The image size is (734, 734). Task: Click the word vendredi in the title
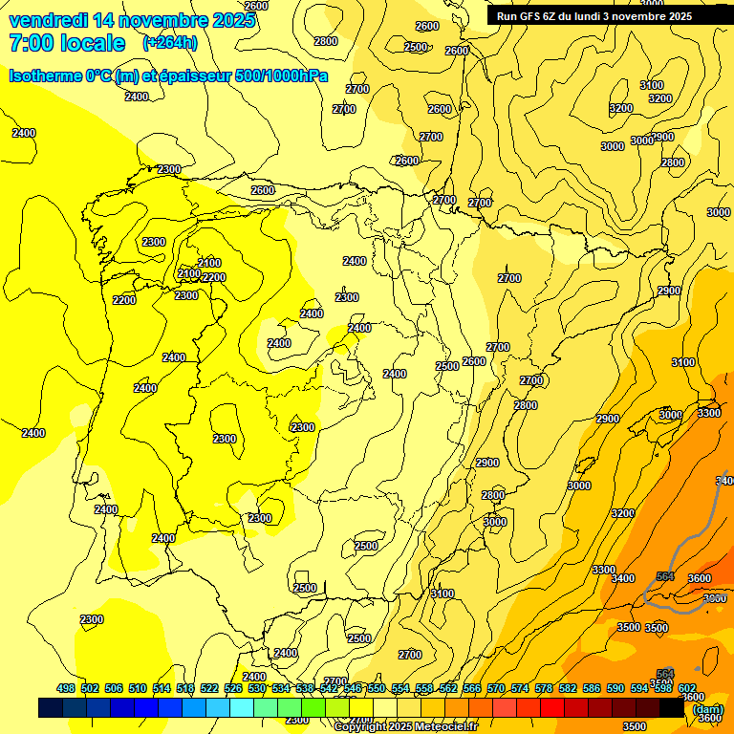[x=48, y=20]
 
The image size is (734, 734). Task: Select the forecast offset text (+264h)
[x=171, y=43]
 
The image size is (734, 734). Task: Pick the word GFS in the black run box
[x=531, y=16]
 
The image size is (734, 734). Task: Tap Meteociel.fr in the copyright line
[x=442, y=727]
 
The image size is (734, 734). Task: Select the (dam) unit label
[x=707, y=710]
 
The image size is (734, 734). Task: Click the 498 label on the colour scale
[x=66, y=688]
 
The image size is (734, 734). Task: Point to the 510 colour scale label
[x=138, y=688]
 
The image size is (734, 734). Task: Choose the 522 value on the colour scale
[x=209, y=688]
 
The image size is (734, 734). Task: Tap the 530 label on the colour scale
[x=257, y=688]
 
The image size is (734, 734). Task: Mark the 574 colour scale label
[x=520, y=688]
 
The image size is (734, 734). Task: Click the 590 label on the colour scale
[x=615, y=688]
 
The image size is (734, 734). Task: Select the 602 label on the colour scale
[x=687, y=688]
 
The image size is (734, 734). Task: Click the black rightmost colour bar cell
[x=672, y=707]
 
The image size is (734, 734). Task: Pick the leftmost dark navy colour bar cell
[x=51, y=707]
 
